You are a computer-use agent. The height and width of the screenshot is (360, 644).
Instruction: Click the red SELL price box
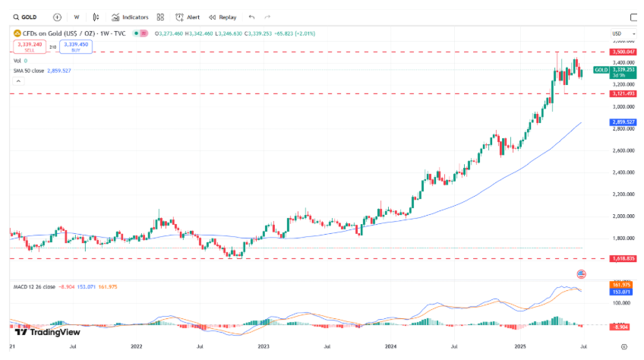click(x=30, y=46)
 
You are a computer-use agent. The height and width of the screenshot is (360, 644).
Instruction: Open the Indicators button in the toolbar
click(x=130, y=17)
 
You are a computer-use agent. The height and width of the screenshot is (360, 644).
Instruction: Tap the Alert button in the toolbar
click(x=188, y=17)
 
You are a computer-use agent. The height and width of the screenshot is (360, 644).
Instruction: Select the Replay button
click(x=223, y=17)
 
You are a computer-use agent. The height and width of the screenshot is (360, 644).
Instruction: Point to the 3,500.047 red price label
click(x=623, y=52)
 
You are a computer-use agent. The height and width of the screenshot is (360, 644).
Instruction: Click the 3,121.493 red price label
click(x=623, y=93)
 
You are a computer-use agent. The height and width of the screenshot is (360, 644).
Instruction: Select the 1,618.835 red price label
click(x=623, y=258)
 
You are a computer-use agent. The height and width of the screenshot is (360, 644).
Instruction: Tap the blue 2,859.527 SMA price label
click(x=623, y=122)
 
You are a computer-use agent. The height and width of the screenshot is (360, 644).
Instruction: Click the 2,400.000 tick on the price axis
click(x=623, y=172)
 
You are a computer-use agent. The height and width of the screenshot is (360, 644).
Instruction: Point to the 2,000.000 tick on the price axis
click(x=623, y=216)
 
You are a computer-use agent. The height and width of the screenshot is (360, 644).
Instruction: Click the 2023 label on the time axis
click(x=264, y=346)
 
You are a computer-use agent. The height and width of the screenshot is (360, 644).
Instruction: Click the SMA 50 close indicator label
click(x=42, y=70)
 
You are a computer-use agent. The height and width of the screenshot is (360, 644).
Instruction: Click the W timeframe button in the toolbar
click(x=77, y=17)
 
